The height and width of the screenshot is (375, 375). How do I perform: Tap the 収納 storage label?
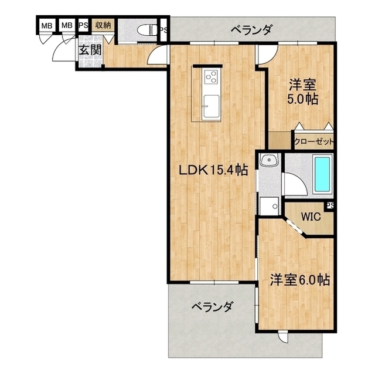104,25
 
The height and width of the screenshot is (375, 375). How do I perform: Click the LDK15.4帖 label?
213,170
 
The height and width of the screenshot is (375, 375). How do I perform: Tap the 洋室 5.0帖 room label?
303,92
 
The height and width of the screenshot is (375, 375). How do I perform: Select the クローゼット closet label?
314,141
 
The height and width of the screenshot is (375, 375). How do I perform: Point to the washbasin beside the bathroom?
270,162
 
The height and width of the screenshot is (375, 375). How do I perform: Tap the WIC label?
310,216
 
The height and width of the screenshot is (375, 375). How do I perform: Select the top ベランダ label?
250,29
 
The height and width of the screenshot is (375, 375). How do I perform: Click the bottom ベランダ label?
213,306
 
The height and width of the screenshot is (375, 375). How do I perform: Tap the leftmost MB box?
46,26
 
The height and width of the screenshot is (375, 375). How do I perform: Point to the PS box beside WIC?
330,205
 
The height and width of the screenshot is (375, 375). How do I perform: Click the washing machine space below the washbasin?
270,205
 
